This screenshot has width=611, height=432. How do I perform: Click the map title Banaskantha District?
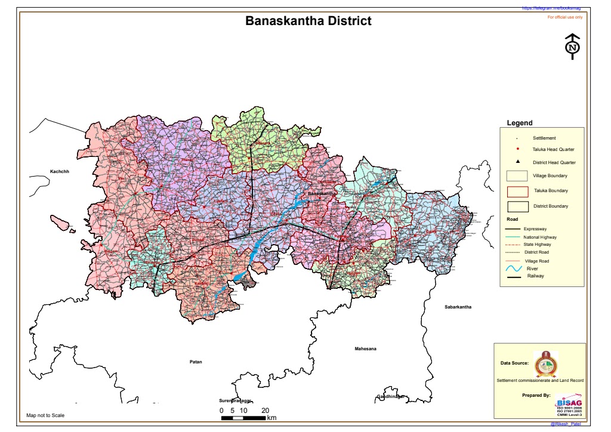308,21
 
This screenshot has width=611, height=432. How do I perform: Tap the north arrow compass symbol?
572,47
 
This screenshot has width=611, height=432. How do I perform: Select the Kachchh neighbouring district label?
60,172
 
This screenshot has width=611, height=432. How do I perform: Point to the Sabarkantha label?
458,307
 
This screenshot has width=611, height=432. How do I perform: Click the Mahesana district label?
366,348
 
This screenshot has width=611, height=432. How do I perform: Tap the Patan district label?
196,362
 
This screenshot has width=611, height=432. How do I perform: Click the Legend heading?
519,123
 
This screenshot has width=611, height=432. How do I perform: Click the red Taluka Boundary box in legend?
517,191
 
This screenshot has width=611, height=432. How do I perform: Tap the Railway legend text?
535,276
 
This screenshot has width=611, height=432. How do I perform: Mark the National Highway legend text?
539,237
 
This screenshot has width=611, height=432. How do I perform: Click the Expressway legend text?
535,229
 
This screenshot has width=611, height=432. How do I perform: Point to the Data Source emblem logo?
544,362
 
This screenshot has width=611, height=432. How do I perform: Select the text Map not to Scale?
45,415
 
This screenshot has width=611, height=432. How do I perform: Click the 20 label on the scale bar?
264,411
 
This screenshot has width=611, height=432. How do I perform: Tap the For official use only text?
564,17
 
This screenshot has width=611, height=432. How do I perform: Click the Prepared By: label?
536,395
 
